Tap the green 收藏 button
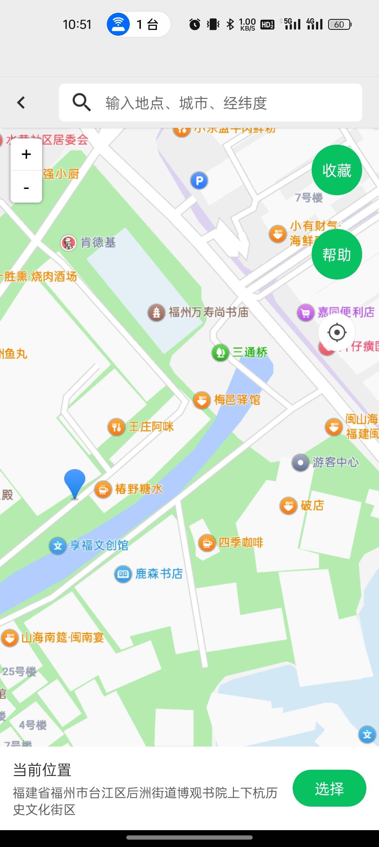pyautogui.click(x=337, y=170)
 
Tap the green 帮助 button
pyautogui.click(x=337, y=255)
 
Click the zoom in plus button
pyautogui.click(x=26, y=155)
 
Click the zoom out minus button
pyautogui.click(x=26, y=188)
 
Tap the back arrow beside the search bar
pyautogui.click(x=21, y=103)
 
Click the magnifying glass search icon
pyautogui.click(x=81, y=103)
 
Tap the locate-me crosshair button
pyautogui.click(x=337, y=332)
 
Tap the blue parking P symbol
pyautogui.click(x=199, y=181)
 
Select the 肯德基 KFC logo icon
pyautogui.click(x=68, y=243)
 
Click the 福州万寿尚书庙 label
pyautogui.click(x=208, y=312)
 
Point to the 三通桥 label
pyautogui.click(x=250, y=352)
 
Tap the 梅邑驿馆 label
pyautogui.click(x=237, y=400)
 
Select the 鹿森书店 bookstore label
pyautogui.click(x=159, y=574)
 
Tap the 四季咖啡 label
pyautogui.click(x=241, y=543)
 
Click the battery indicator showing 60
pyautogui.click(x=339, y=25)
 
